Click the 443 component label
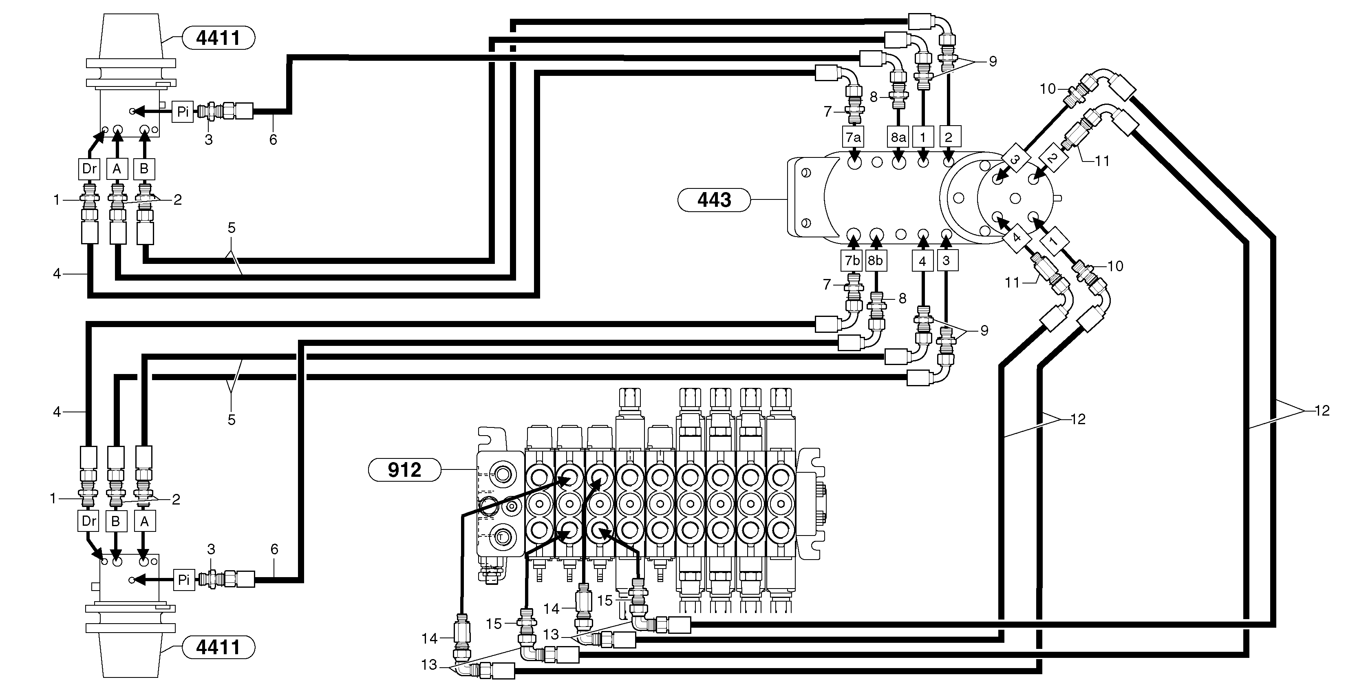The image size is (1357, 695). (x=714, y=200)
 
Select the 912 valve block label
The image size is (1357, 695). (x=404, y=469)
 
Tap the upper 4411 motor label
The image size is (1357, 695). (x=218, y=38)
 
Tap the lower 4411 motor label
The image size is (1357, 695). (x=218, y=646)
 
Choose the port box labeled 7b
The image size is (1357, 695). (x=852, y=260)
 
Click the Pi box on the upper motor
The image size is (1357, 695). (x=183, y=112)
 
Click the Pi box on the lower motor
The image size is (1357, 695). (x=183, y=580)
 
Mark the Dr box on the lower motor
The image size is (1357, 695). (x=88, y=521)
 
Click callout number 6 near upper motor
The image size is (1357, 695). (x=273, y=139)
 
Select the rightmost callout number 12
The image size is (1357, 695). (x=1322, y=410)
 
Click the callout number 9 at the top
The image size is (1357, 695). (x=993, y=62)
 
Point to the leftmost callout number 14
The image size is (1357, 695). (x=429, y=639)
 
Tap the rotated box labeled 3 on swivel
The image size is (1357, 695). (x=1015, y=158)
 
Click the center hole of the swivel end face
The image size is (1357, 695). (x=1015, y=198)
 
